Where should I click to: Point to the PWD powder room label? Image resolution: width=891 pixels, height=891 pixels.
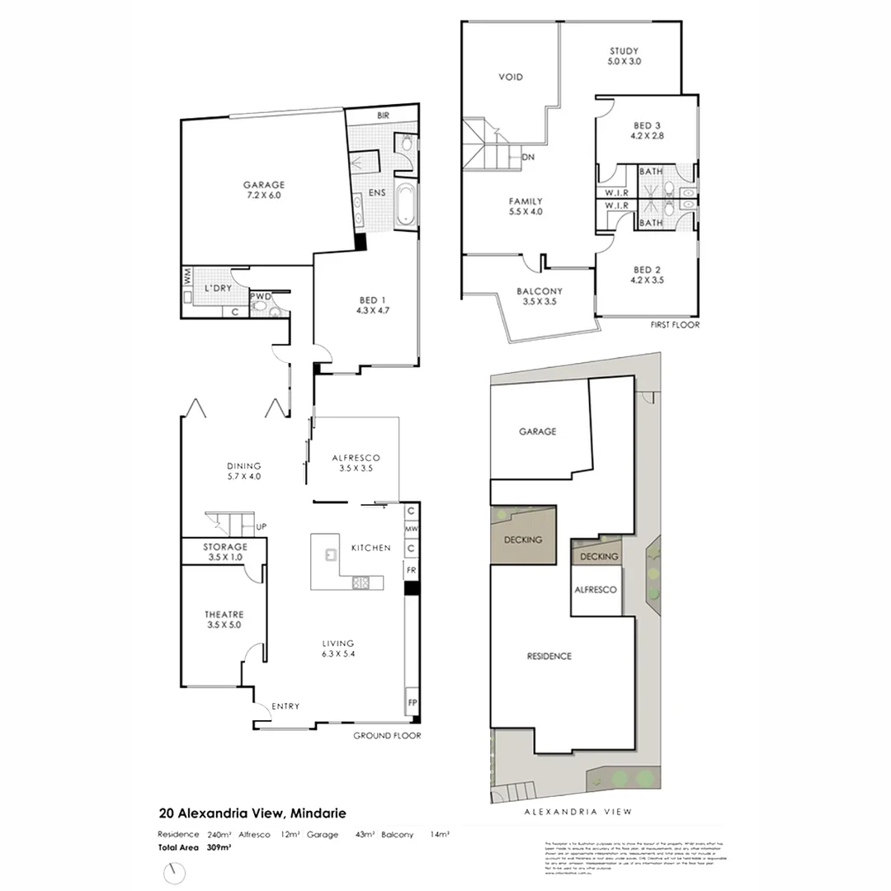coord(261,295)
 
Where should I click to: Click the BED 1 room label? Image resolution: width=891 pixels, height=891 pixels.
coord(369,305)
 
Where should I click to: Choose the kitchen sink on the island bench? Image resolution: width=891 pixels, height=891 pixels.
coord(331,554)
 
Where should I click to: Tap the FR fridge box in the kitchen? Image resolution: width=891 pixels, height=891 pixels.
coord(410,570)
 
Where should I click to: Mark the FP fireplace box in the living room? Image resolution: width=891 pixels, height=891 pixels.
coord(411,703)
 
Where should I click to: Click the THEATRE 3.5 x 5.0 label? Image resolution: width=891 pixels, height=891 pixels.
coord(224,620)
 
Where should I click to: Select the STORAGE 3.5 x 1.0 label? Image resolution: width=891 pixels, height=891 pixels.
coord(225,552)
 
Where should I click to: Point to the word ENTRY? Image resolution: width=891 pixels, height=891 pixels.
coord(285,706)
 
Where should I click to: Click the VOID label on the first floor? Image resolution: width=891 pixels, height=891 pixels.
coord(511,78)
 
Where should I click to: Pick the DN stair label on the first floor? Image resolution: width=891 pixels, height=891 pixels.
coord(529,157)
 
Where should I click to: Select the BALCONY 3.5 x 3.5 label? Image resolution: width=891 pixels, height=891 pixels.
coord(540,297)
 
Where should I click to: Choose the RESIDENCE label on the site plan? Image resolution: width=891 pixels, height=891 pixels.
coord(549,657)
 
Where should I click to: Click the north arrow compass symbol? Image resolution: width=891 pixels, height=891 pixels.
coord(174,872)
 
